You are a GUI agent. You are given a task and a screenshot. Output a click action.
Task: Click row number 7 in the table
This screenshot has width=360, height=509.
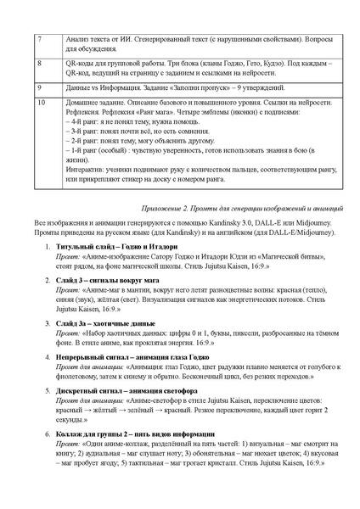coord(39,39)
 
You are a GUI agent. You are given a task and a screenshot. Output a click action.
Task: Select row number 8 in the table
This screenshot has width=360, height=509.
coord(39,63)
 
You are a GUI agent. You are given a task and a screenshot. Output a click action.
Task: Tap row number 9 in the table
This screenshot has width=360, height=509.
coord(39,87)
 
